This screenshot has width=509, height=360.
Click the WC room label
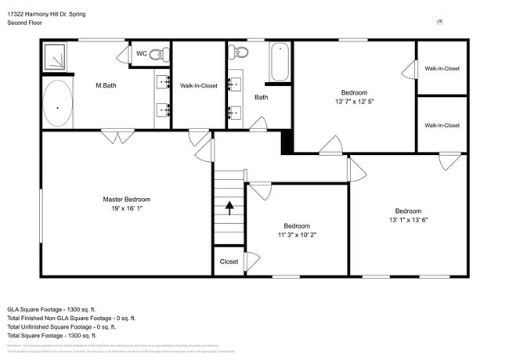(142, 53)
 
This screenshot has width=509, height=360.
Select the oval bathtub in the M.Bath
(57, 105)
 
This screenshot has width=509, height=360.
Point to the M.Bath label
(106, 85)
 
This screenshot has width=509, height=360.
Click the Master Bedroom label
(127, 200)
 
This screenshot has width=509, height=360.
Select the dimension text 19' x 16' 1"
(127, 208)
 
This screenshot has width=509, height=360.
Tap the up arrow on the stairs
(229, 207)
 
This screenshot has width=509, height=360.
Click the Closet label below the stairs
(229, 261)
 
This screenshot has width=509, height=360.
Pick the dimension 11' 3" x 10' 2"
(298, 234)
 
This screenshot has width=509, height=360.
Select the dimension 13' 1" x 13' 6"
(408, 220)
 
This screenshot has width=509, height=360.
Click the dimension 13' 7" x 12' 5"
(356, 100)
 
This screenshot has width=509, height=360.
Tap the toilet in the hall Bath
(238, 53)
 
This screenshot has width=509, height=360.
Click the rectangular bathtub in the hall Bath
(280, 63)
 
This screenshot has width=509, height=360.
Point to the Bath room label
(262, 98)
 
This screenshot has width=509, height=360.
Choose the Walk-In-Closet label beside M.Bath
(198, 85)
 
